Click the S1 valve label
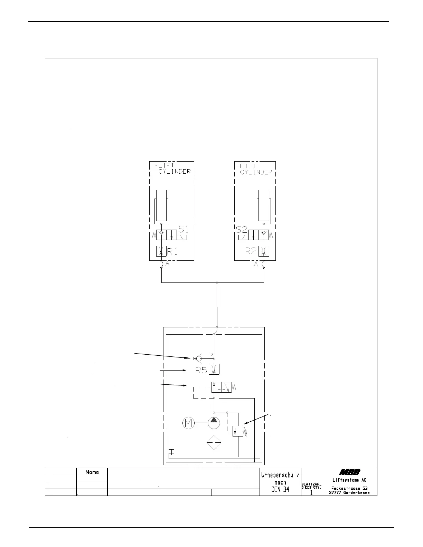pyautogui.click(x=184, y=229)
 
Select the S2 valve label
pyautogui.click(x=242, y=230)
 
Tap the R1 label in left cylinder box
pyautogui.click(x=172, y=251)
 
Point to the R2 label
pyautogui.click(x=251, y=251)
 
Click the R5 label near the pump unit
pyautogui.click(x=201, y=370)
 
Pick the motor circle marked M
pyautogui.click(x=188, y=423)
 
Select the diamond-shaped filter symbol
pyautogui.click(x=214, y=442)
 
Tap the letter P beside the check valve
pyautogui.click(x=211, y=355)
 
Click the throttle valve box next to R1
pyautogui.click(x=161, y=251)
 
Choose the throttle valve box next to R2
pyautogui.click(x=264, y=251)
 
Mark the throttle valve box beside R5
pyautogui.click(x=214, y=369)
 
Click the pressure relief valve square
pyautogui.click(x=238, y=431)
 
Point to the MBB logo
pyautogui.click(x=349, y=472)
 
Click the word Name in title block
pyautogui.click(x=92, y=472)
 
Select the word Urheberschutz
pyautogui.click(x=280, y=475)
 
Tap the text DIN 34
pyautogui.click(x=280, y=489)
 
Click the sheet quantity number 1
pyautogui.click(x=311, y=493)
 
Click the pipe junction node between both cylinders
pyautogui.click(x=217, y=283)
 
